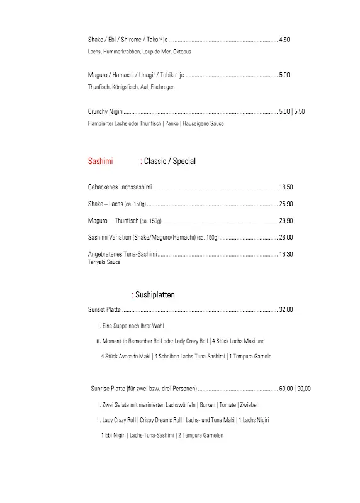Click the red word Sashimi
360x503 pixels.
pos(101,162)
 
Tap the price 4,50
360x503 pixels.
pos(284,40)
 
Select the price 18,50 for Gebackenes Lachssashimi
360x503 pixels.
pos(286,187)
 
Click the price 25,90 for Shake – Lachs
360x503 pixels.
pos(286,204)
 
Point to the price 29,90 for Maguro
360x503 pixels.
pos(286,221)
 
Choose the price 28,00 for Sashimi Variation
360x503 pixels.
pos(286,237)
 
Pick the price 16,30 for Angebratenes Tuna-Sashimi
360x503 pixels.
pos(286,254)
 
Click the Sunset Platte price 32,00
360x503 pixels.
pos(286,309)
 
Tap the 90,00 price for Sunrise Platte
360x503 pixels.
pos(303,388)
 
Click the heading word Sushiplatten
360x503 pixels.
pos(155,294)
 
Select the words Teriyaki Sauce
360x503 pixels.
pos(104,262)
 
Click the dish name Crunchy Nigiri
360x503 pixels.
pos(105,111)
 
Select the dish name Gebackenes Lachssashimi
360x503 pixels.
pos(120,187)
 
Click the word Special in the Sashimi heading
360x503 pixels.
pos(184,162)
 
